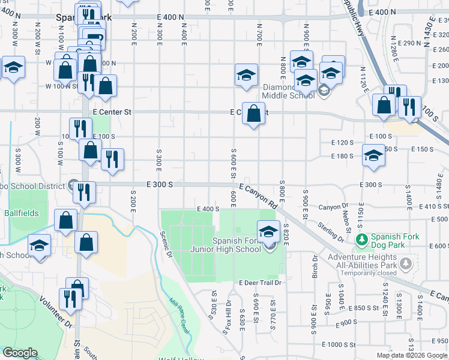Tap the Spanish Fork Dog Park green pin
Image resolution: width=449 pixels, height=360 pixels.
point(362,240)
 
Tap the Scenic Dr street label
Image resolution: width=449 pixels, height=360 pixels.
point(165,246)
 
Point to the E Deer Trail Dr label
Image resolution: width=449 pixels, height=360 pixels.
point(260,283)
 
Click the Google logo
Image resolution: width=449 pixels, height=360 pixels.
point(20,353)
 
